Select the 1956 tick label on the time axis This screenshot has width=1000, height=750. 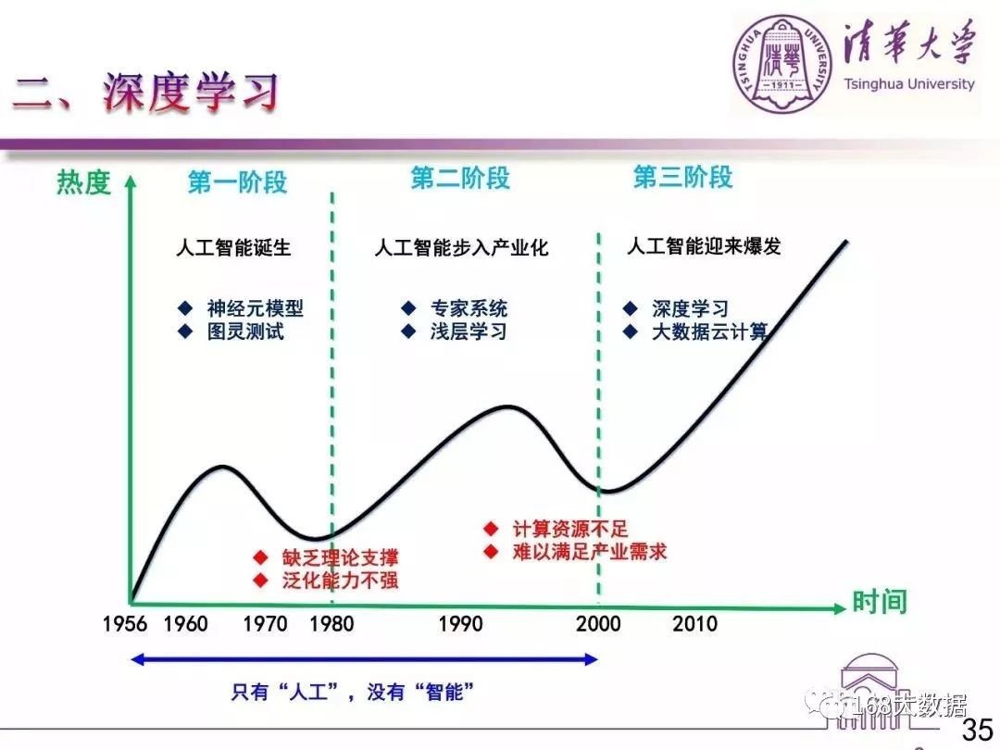[x=125, y=624]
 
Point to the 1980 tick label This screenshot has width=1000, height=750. [x=331, y=624]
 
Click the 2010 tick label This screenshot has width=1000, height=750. [x=695, y=624]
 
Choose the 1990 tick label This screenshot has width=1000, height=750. [x=460, y=624]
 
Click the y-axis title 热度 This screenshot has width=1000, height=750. [x=84, y=182]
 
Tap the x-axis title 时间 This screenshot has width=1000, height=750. [x=880, y=602]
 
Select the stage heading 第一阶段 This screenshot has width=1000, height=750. [x=237, y=182]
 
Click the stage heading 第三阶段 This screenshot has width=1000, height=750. [x=683, y=177]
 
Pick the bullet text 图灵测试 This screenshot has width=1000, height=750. [x=245, y=331]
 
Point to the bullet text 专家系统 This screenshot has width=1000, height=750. [x=469, y=308]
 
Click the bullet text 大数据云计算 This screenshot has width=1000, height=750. [x=710, y=331]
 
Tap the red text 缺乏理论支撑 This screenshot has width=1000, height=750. [x=341, y=557]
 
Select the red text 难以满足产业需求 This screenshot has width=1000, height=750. [x=590, y=552]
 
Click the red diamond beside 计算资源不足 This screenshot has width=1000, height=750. [x=491, y=529]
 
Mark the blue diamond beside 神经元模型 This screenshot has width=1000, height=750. [x=185, y=308]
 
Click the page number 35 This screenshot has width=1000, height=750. [x=978, y=729]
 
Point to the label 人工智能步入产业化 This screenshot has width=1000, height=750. [x=461, y=247]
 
